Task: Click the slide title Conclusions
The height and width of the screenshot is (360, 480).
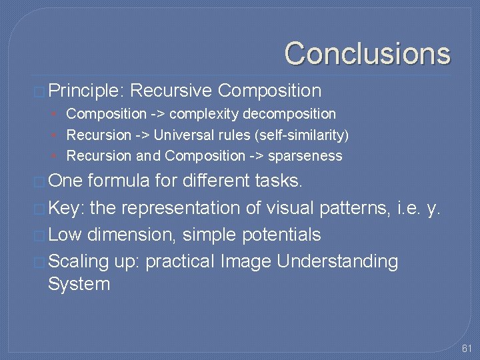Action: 367,53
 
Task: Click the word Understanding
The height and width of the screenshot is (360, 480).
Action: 337,261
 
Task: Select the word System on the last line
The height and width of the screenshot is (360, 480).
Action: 79,285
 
